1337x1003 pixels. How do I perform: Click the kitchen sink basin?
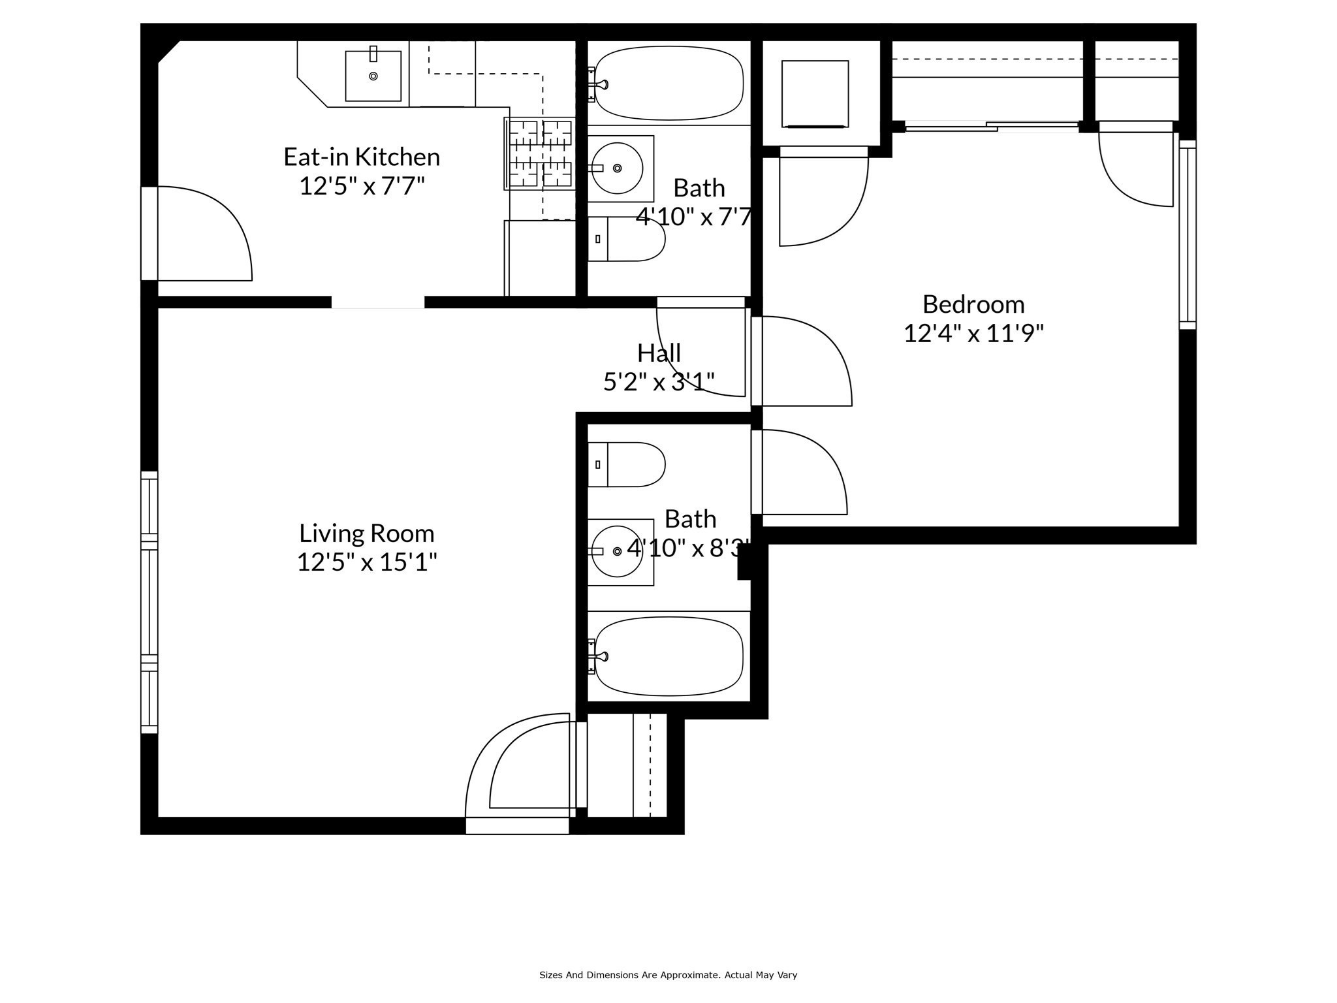click(373, 76)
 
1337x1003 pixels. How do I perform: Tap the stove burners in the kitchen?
click(540, 153)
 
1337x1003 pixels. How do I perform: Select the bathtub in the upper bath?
click(668, 83)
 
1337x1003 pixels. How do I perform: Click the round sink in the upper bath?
click(617, 168)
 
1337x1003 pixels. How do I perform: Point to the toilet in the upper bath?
click(626, 239)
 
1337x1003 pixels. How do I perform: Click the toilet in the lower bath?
click(626, 464)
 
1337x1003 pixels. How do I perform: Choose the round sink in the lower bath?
click(617, 552)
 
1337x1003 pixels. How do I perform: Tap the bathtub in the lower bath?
click(668, 656)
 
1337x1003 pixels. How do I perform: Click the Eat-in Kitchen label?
click(362, 157)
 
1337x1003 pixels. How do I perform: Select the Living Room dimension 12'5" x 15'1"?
click(367, 562)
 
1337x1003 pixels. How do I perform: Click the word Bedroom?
click(973, 304)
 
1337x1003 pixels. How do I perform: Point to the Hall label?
click(659, 353)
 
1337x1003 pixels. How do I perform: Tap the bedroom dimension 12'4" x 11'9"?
click(973, 334)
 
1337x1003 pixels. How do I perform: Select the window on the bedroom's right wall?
click(1188, 234)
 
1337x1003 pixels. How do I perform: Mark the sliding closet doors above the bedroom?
click(992, 126)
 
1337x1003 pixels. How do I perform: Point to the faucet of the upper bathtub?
click(600, 84)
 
